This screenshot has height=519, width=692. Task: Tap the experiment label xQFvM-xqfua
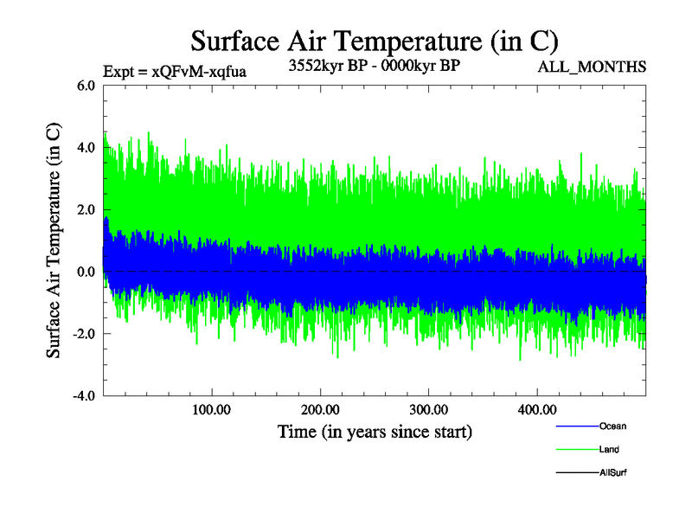point(175,72)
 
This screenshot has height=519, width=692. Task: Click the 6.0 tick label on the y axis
point(86,86)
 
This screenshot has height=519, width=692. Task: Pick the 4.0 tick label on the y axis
point(86,148)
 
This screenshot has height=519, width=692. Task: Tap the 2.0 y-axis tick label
point(86,210)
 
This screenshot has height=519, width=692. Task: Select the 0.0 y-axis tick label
point(86,272)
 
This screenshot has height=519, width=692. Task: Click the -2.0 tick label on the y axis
point(83,335)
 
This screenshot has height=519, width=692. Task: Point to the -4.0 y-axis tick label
point(83,397)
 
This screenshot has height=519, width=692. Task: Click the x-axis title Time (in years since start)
point(374,431)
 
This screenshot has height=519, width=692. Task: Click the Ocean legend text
point(612,426)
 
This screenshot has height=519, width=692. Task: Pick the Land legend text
point(609,450)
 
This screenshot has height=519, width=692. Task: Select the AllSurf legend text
point(612,473)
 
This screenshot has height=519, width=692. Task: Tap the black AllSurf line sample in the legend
point(575,473)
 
